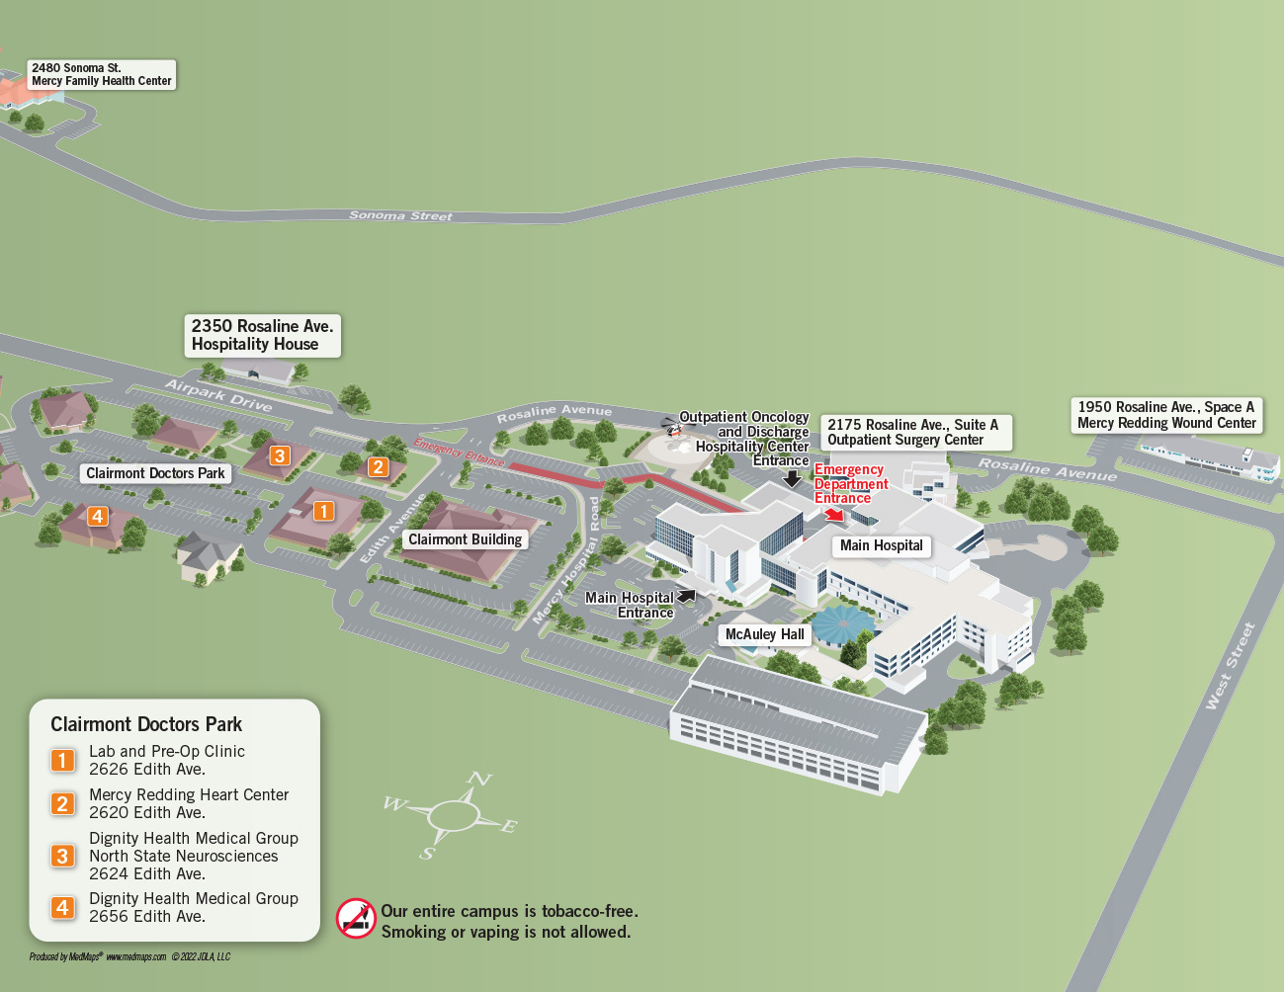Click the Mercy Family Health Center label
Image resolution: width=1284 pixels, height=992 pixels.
click(x=101, y=75)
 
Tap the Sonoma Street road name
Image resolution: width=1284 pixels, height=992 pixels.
click(x=400, y=215)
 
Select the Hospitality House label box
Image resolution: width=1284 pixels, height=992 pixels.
click(x=262, y=336)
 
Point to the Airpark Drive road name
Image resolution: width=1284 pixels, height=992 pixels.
click(x=218, y=395)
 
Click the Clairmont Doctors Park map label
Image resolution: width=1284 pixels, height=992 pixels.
click(x=155, y=474)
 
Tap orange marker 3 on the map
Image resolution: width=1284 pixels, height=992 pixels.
click(x=280, y=455)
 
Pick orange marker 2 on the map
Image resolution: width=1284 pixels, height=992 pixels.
click(x=378, y=466)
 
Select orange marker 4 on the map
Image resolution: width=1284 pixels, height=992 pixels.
click(x=97, y=516)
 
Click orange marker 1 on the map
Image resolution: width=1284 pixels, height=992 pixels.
click(x=323, y=511)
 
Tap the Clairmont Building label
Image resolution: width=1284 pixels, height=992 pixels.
click(x=465, y=539)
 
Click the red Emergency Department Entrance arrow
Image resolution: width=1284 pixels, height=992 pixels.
click(x=835, y=514)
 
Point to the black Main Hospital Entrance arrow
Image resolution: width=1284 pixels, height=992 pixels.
click(x=686, y=596)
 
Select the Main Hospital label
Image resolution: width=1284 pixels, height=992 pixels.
click(x=881, y=545)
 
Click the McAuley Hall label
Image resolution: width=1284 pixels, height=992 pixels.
click(x=764, y=634)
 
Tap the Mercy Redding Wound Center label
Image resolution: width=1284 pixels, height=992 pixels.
click(x=1166, y=415)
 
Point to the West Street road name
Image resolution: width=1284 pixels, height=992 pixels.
click(x=1230, y=666)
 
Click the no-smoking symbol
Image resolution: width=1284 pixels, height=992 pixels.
click(x=356, y=918)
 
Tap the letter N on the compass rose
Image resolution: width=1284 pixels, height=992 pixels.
click(x=479, y=780)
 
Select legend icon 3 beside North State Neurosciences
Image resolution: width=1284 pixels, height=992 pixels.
click(x=62, y=856)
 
